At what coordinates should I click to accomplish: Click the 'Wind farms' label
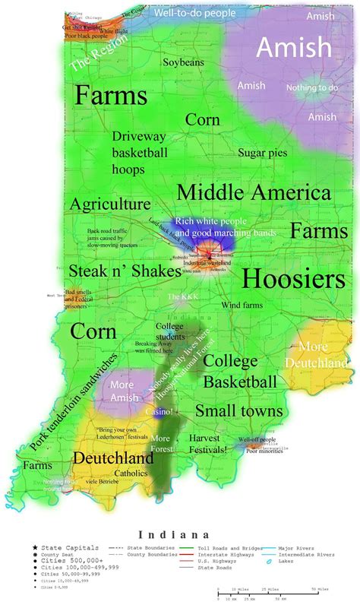coord(242,305)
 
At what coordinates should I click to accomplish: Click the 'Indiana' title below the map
coord(179,534)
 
